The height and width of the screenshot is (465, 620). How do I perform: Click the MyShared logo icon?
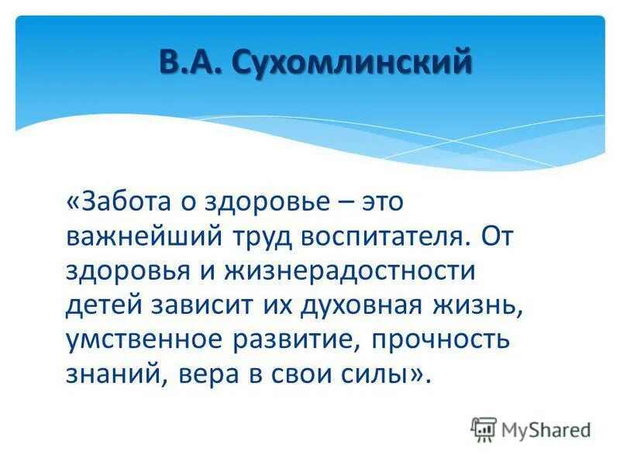[484, 429]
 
